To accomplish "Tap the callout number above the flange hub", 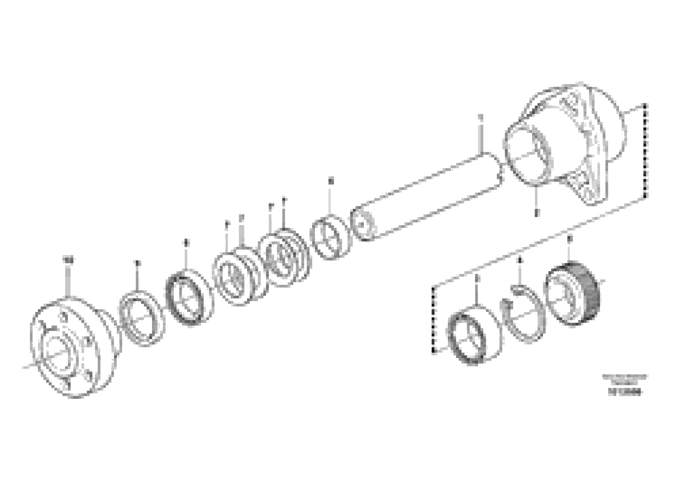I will pyautogui.click(x=69, y=260).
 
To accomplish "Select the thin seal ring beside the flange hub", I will pyautogui.click(x=142, y=318).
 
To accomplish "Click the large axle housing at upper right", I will pyautogui.click(x=566, y=145).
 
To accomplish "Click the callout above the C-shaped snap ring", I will pyautogui.click(x=520, y=260).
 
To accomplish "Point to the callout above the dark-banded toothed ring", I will pyautogui.click(x=569, y=239).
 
